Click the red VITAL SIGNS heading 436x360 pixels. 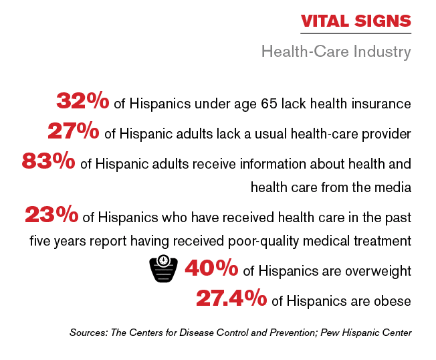(356, 21)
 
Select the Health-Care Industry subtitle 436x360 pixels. (336, 52)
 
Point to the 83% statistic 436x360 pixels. (48, 162)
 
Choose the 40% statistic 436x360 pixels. (211, 268)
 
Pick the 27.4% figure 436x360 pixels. (231, 298)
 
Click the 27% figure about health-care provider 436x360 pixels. (73, 131)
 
